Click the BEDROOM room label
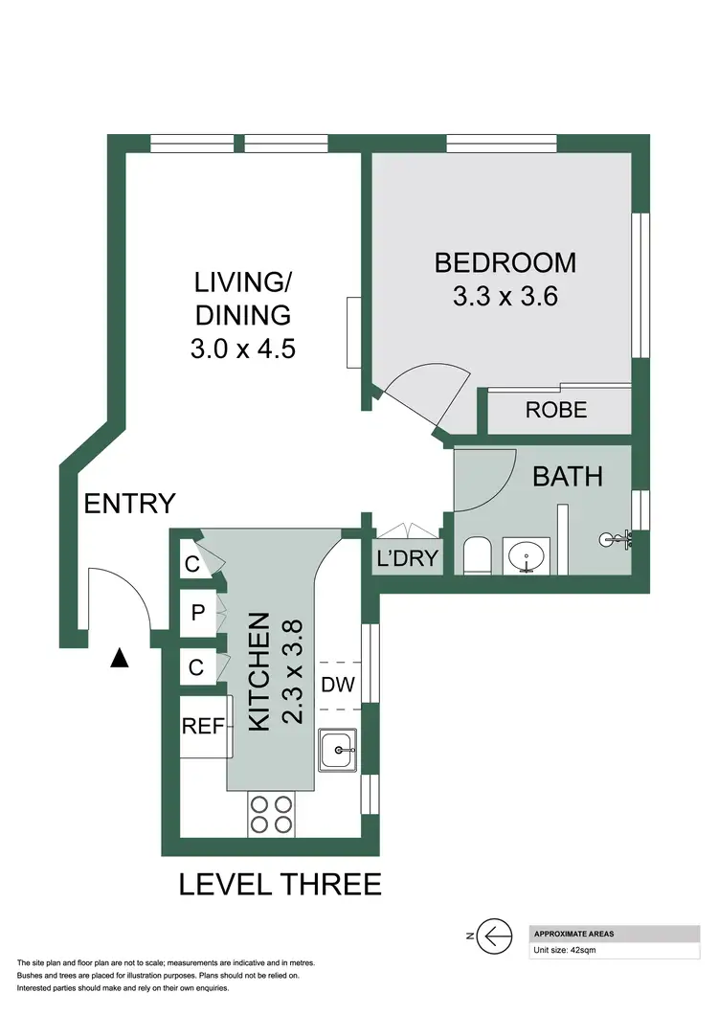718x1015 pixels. tap(505, 261)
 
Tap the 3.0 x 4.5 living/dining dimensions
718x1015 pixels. tap(243, 347)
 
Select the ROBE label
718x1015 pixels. tap(556, 411)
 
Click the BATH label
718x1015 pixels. tap(568, 476)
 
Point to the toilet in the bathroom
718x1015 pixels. tap(476, 555)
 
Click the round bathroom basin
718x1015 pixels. tap(526, 555)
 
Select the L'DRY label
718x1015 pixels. tap(407, 560)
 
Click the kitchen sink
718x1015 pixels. tap(338, 749)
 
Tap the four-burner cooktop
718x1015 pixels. tap(270, 814)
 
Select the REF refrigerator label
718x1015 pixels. tap(203, 727)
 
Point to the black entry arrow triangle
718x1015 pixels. tap(120, 658)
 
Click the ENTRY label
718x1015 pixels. tap(129, 503)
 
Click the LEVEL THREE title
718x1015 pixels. tap(280, 884)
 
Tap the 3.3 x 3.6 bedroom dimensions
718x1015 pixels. tap(505, 296)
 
